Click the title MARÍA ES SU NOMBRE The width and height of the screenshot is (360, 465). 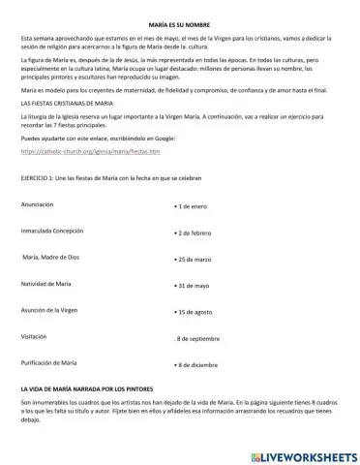point(180,19)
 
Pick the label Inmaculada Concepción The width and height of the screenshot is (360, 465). point(53,232)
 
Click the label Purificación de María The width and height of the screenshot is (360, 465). point(49,362)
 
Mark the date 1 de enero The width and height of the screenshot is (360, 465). point(194,208)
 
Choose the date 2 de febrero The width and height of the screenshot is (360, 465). point(196,234)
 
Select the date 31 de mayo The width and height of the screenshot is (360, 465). point(195,287)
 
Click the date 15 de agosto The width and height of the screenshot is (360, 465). point(196,313)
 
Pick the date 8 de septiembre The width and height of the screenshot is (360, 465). point(200,339)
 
